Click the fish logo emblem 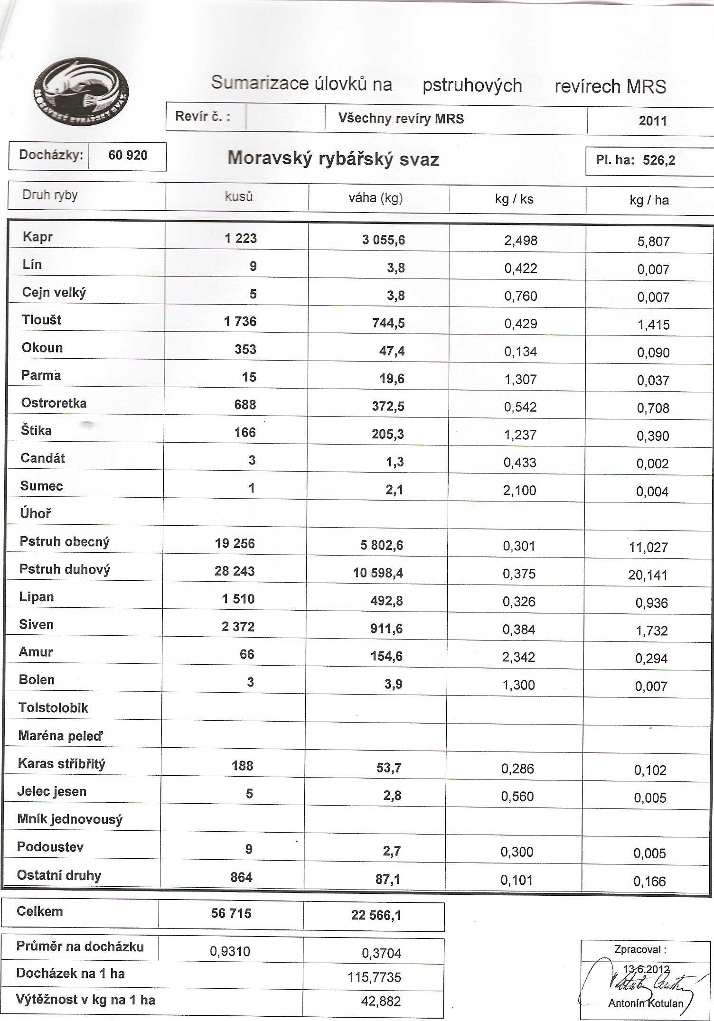[81, 92]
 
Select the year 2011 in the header [653, 121]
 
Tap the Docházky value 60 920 [128, 156]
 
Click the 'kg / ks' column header [514, 199]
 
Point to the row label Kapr [38, 237]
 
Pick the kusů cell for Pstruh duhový [235, 571]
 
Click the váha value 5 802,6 [382, 545]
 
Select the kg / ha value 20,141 [648, 575]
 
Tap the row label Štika [36, 431]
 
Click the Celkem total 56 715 [231, 913]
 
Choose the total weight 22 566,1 [376, 915]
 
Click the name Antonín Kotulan [646, 1003]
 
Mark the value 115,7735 [374, 977]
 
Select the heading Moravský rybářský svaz [333, 158]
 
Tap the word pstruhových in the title [472, 86]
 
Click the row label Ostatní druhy [59, 875]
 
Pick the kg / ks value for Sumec [519, 490]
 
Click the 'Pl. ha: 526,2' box [648, 160]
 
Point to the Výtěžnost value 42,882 [381, 1001]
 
